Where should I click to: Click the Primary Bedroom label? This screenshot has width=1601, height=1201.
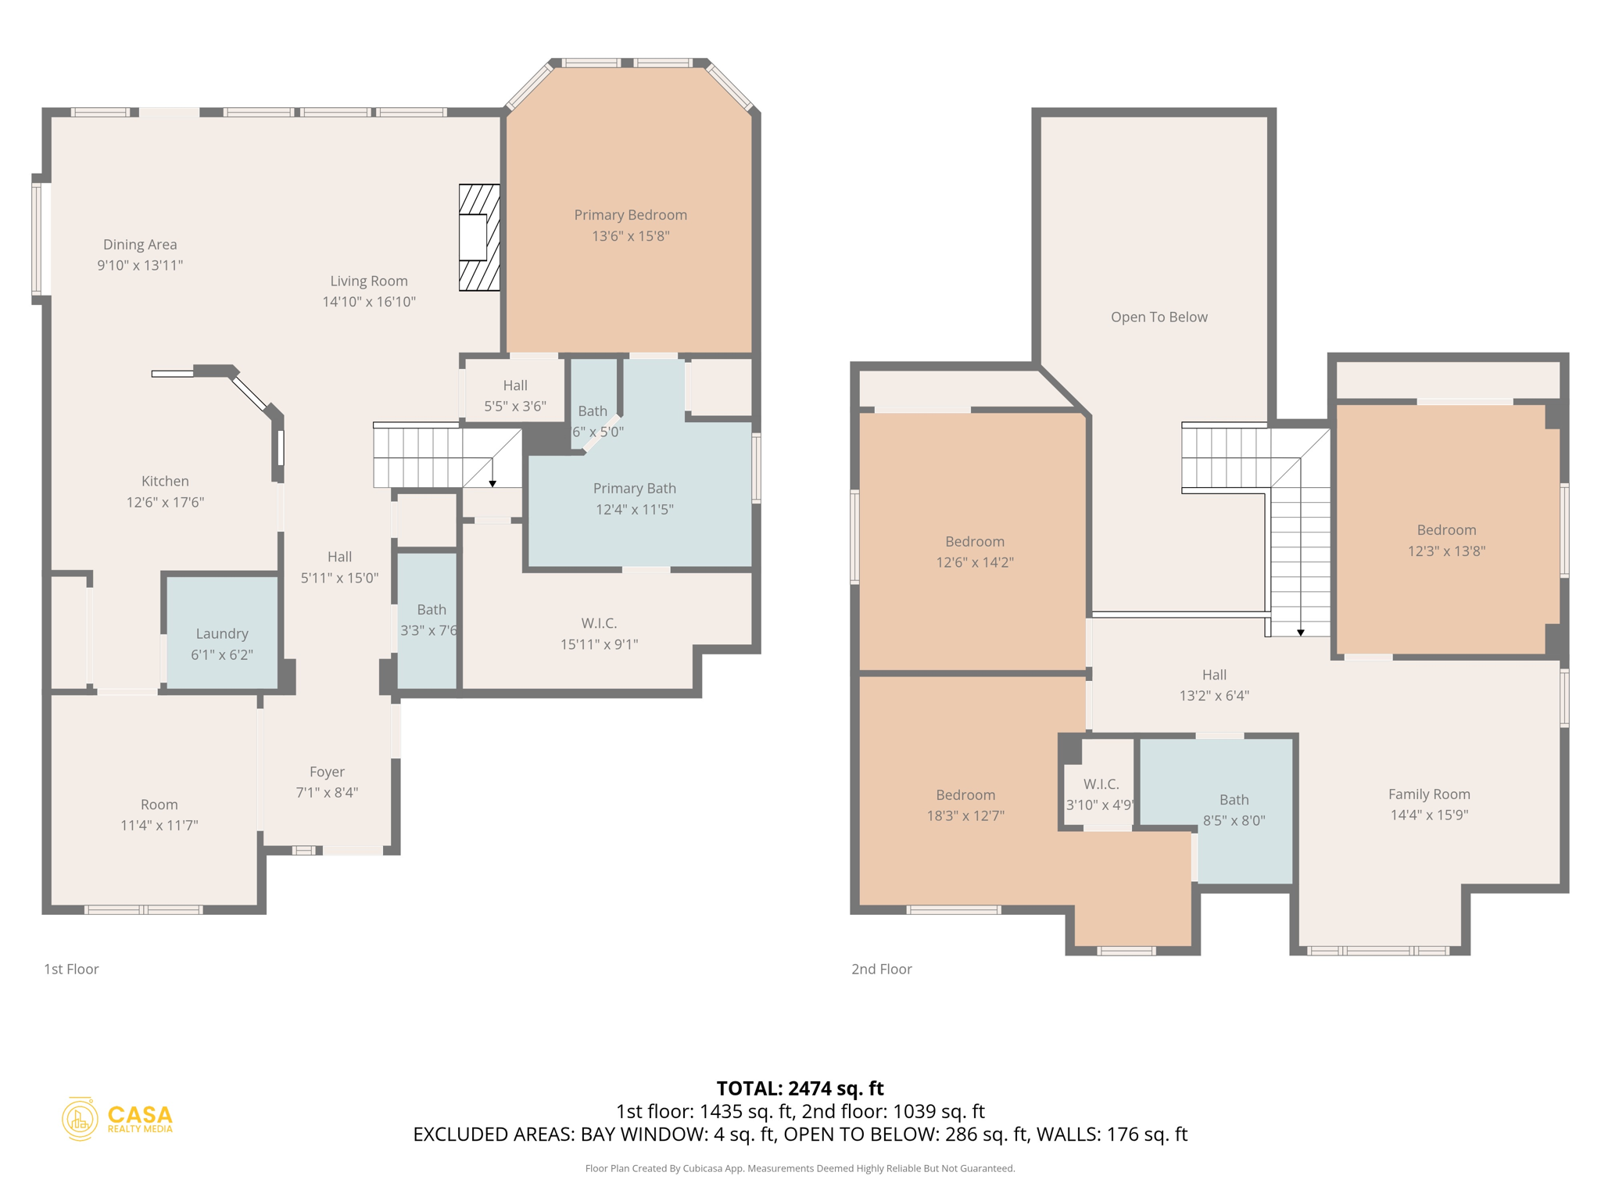[630, 215]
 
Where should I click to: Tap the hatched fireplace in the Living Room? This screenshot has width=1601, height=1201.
[478, 238]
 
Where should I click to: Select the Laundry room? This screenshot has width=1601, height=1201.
[222, 634]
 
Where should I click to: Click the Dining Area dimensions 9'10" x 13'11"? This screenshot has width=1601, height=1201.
[140, 266]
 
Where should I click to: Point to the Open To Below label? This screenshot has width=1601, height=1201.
[1159, 317]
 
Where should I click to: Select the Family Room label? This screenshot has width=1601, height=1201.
[1428, 794]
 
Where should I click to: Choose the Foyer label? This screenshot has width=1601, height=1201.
[327, 772]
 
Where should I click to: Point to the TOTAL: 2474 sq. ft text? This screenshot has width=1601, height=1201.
[800, 1088]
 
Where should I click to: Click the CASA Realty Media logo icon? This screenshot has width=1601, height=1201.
[80, 1119]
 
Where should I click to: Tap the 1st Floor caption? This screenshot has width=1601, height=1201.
[71, 969]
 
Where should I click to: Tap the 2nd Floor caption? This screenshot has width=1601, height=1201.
[881, 969]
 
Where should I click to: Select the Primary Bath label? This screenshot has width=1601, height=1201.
[634, 489]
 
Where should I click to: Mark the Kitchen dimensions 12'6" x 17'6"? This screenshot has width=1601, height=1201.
[165, 503]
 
